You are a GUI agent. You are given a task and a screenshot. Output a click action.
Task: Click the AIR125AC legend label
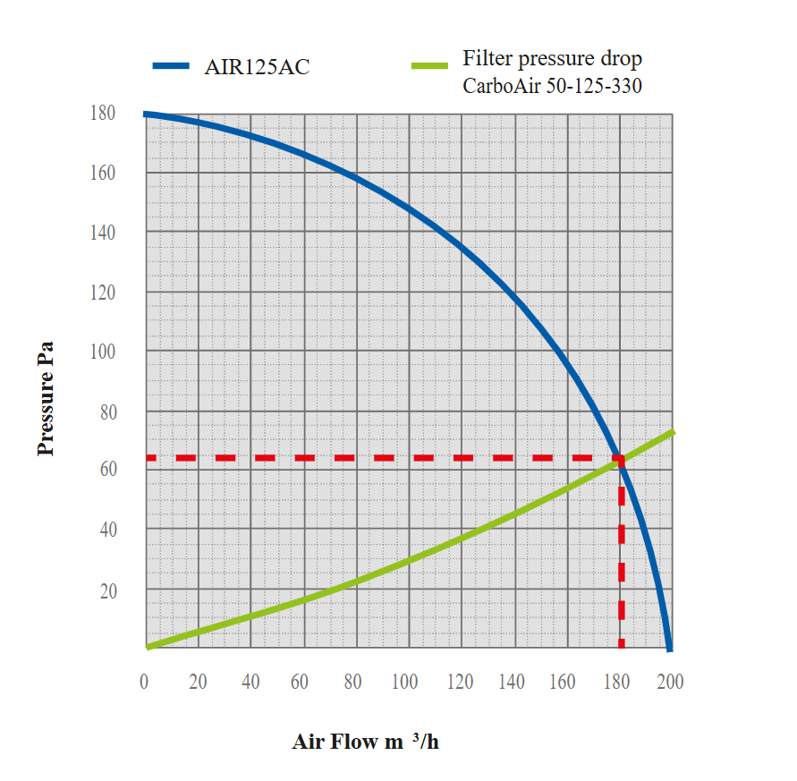[257, 67]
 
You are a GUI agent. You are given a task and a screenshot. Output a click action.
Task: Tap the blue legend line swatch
[170, 65]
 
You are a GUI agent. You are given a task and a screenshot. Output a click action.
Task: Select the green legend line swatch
[428, 65]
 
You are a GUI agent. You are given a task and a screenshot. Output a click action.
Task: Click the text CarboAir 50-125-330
[552, 88]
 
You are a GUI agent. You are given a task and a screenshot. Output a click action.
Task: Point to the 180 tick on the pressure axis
[103, 114]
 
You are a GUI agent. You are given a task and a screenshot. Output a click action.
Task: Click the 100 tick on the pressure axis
[103, 352]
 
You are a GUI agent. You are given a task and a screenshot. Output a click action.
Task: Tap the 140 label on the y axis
[103, 233]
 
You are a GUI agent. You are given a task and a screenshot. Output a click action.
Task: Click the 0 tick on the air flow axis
[145, 683]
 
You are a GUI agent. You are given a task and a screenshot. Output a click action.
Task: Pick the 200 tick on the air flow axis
[670, 683]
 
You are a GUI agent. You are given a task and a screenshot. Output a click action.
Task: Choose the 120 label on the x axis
[460, 683]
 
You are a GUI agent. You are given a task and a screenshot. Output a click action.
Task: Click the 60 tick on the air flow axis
[300, 683]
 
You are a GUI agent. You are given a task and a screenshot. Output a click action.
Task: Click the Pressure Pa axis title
[47, 398]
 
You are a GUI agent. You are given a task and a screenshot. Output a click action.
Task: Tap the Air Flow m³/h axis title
[365, 743]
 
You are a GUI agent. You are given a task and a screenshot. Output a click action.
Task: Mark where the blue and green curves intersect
[618, 460]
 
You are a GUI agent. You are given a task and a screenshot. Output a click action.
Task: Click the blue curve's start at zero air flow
[146, 115]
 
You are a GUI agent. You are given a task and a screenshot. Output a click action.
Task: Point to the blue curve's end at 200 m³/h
[669, 647]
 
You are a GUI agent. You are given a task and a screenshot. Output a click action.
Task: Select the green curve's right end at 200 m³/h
[672, 432]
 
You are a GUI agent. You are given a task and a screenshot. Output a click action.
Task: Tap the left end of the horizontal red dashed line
[148, 458]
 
